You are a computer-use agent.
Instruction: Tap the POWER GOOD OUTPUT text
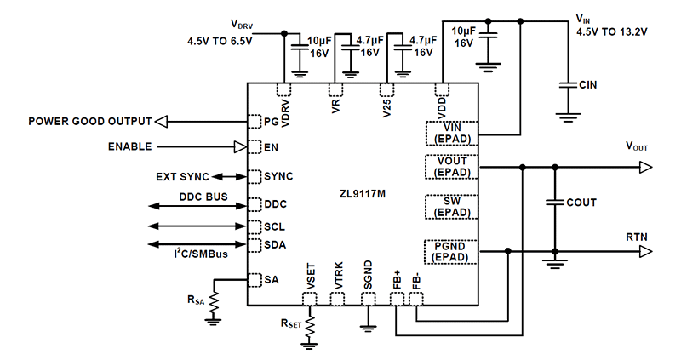point(89,121)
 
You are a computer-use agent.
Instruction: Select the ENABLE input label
point(129,146)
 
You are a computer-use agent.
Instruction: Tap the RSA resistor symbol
point(214,299)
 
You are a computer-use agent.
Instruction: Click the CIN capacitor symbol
point(564,85)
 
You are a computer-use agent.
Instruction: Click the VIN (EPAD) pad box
point(451,133)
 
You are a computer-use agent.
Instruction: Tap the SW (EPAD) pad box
point(451,205)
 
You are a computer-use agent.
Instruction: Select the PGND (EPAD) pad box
point(451,251)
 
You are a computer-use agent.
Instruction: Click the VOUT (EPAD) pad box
point(451,166)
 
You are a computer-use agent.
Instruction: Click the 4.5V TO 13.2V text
point(611,32)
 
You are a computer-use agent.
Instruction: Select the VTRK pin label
point(338,277)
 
